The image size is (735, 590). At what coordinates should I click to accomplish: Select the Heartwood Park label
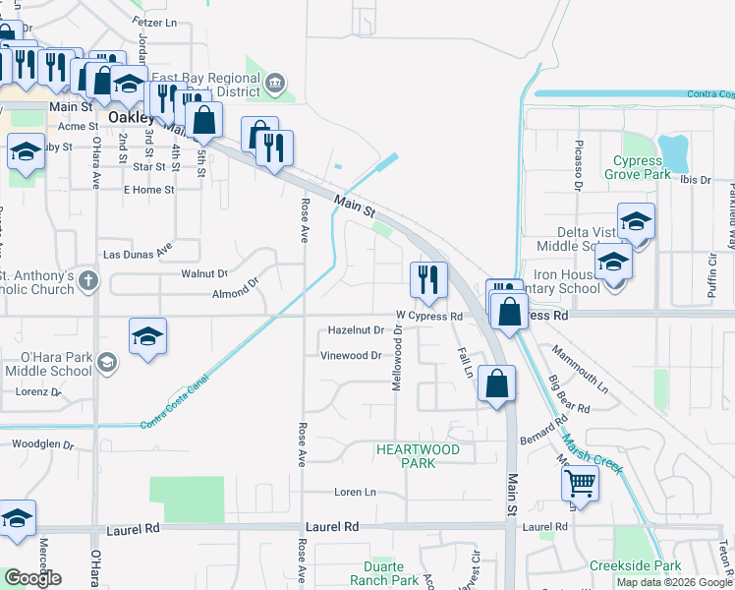click(x=418, y=455)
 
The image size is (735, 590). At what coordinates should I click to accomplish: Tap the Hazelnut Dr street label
click(x=354, y=330)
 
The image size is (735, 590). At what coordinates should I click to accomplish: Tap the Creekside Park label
click(x=635, y=566)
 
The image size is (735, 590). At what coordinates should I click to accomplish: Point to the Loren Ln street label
click(x=355, y=492)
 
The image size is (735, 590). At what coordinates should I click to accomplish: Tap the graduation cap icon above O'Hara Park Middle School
click(x=147, y=336)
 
